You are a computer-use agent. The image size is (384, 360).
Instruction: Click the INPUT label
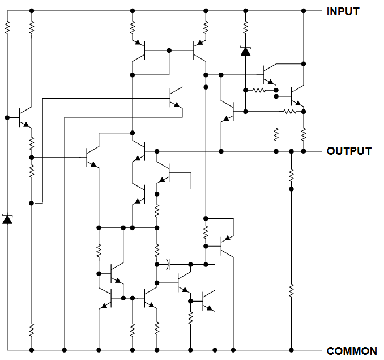tap(343, 11)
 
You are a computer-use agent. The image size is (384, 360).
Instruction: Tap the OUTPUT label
tap(349, 151)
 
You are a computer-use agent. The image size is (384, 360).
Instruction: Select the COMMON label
tap(352, 351)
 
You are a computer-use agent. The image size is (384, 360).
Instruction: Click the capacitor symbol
tap(168, 264)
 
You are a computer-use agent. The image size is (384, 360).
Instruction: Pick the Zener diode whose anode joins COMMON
tap(7, 219)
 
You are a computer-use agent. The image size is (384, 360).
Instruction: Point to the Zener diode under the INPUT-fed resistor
tap(245, 50)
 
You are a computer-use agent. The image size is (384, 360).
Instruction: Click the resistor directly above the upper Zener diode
tap(245, 27)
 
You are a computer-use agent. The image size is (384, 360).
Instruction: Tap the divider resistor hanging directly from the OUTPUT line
tap(291, 175)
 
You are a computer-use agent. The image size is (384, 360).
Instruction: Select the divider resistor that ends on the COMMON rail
tap(291, 290)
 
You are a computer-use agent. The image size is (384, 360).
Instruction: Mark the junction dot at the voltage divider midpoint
tap(291, 189)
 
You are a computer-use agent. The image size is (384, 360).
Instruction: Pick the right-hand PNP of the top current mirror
tap(199, 50)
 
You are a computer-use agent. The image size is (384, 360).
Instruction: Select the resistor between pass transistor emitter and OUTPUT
tap(304, 134)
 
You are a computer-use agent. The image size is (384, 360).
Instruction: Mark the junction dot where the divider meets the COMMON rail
tap(291, 350)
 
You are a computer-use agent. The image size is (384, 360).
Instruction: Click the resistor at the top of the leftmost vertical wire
tap(7, 27)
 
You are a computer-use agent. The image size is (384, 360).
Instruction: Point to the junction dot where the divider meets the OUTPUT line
tap(291, 151)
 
